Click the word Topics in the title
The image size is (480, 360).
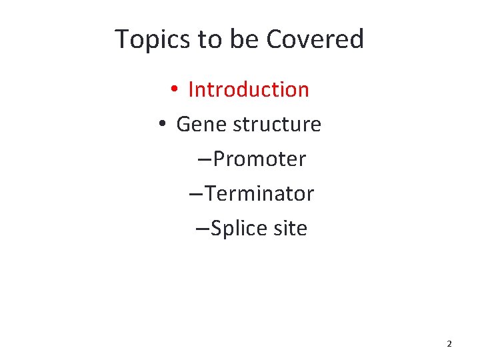153,40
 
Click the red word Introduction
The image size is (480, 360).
249,89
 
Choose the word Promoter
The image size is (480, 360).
260,159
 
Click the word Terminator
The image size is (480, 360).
259,194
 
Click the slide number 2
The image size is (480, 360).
449,344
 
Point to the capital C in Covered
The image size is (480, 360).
274,39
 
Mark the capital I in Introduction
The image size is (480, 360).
191,89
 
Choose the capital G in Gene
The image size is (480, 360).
183,124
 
